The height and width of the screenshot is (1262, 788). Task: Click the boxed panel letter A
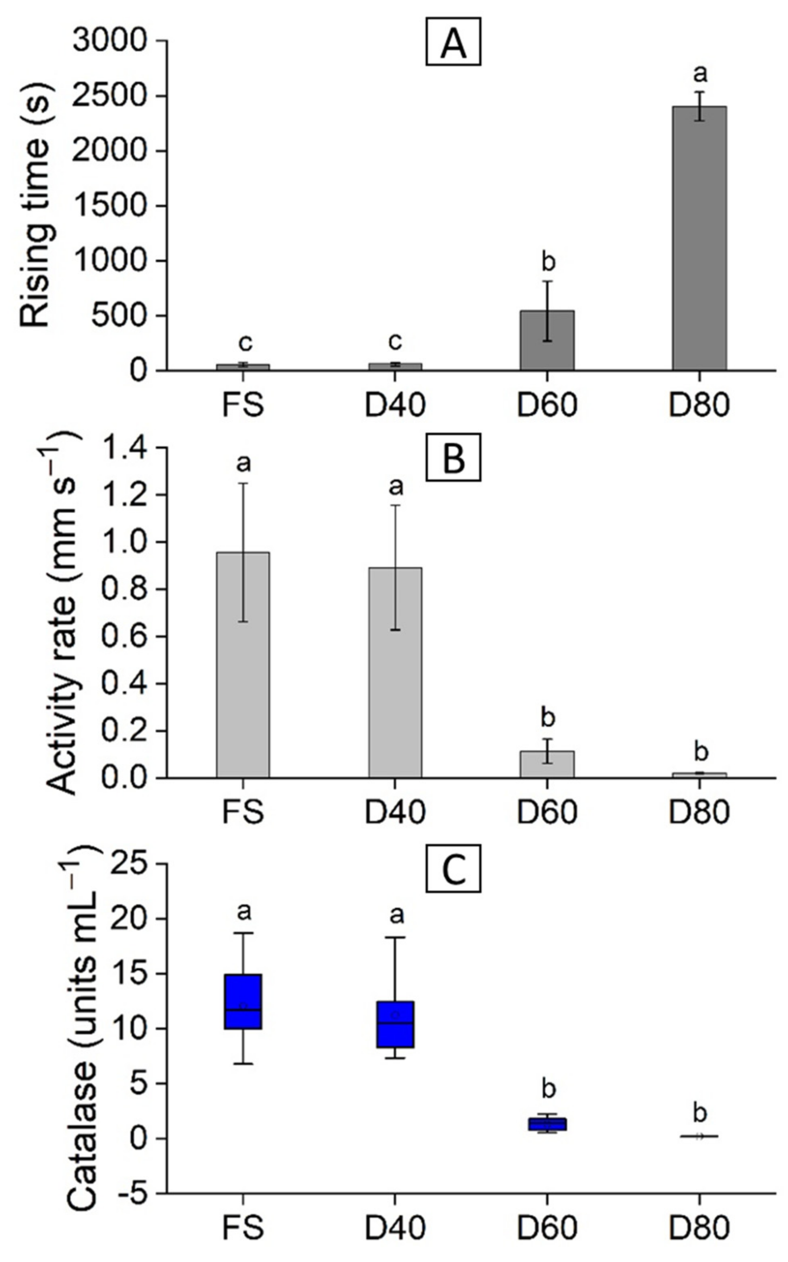[x=453, y=42]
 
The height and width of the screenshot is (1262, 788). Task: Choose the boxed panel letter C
[x=453, y=872]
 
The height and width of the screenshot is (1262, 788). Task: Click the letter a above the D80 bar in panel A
[x=700, y=74]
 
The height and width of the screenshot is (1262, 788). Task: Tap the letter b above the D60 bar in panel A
[x=548, y=262]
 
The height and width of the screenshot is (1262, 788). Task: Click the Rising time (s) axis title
[x=35, y=206]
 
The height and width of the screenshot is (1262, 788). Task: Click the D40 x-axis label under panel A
[x=396, y=405]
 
